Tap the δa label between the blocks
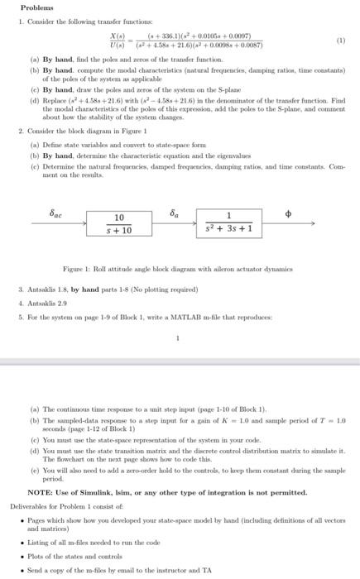click(x=174, y=213)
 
